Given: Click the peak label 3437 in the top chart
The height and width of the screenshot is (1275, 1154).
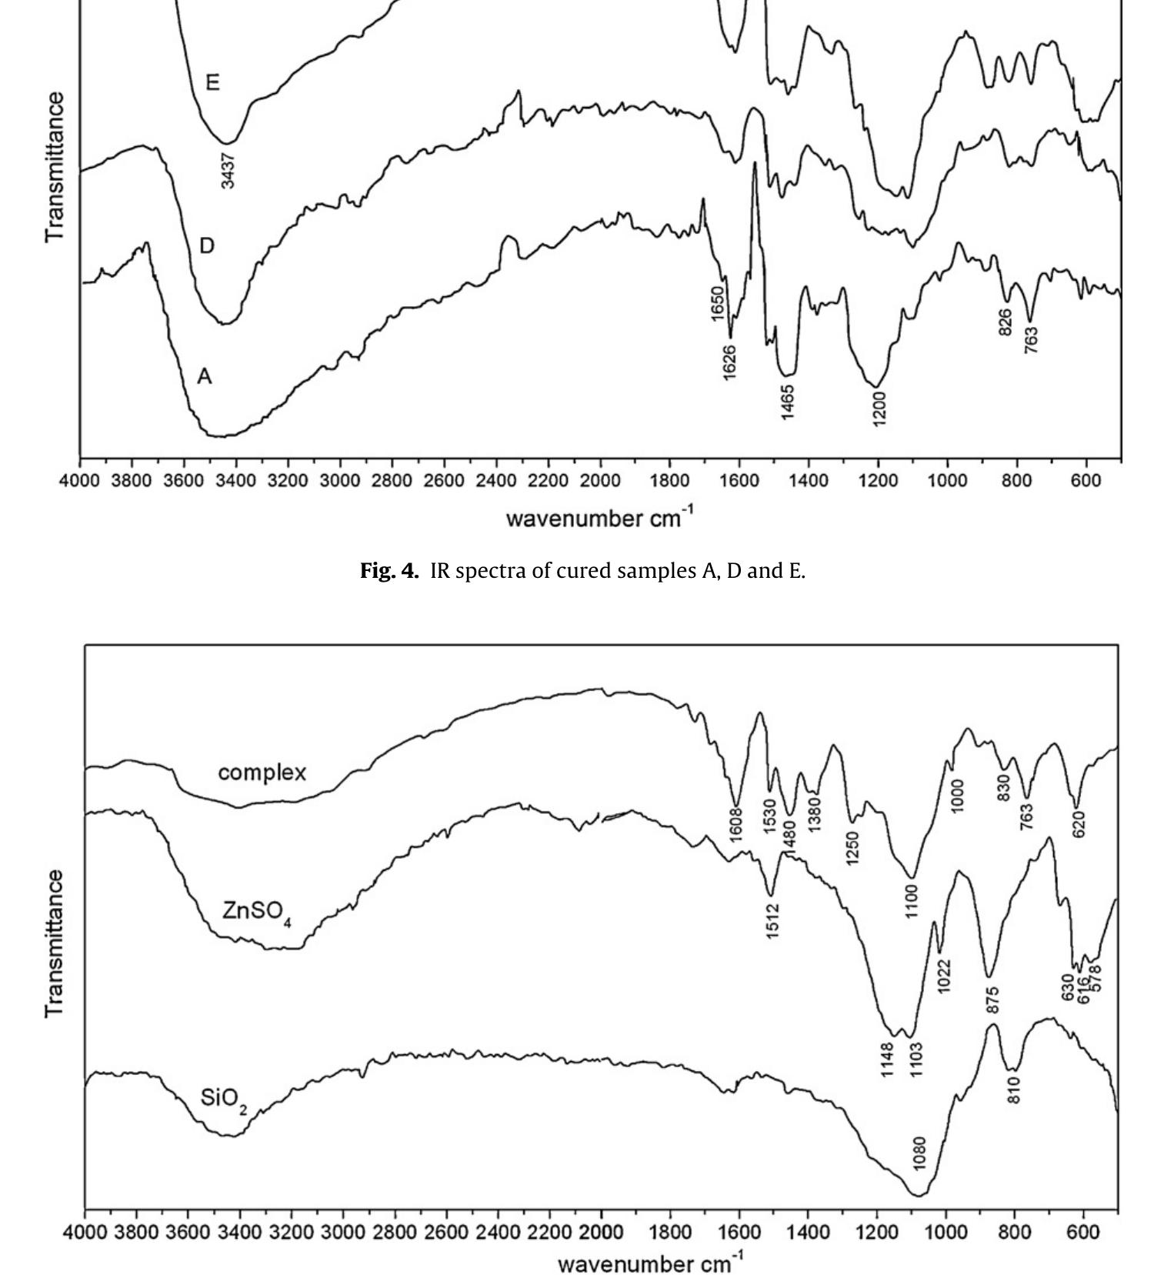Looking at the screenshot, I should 228,170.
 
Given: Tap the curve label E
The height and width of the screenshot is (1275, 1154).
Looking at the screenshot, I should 213,82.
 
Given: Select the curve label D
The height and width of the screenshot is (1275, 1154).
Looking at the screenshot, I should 206,246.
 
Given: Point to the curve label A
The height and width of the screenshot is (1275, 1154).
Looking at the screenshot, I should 204,377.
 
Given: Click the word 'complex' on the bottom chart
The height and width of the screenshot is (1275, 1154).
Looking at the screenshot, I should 262,773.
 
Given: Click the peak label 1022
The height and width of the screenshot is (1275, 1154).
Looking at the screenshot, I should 945,976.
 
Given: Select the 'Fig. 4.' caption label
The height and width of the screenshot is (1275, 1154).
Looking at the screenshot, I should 390,571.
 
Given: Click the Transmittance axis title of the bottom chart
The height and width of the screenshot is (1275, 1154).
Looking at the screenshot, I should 55,943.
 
